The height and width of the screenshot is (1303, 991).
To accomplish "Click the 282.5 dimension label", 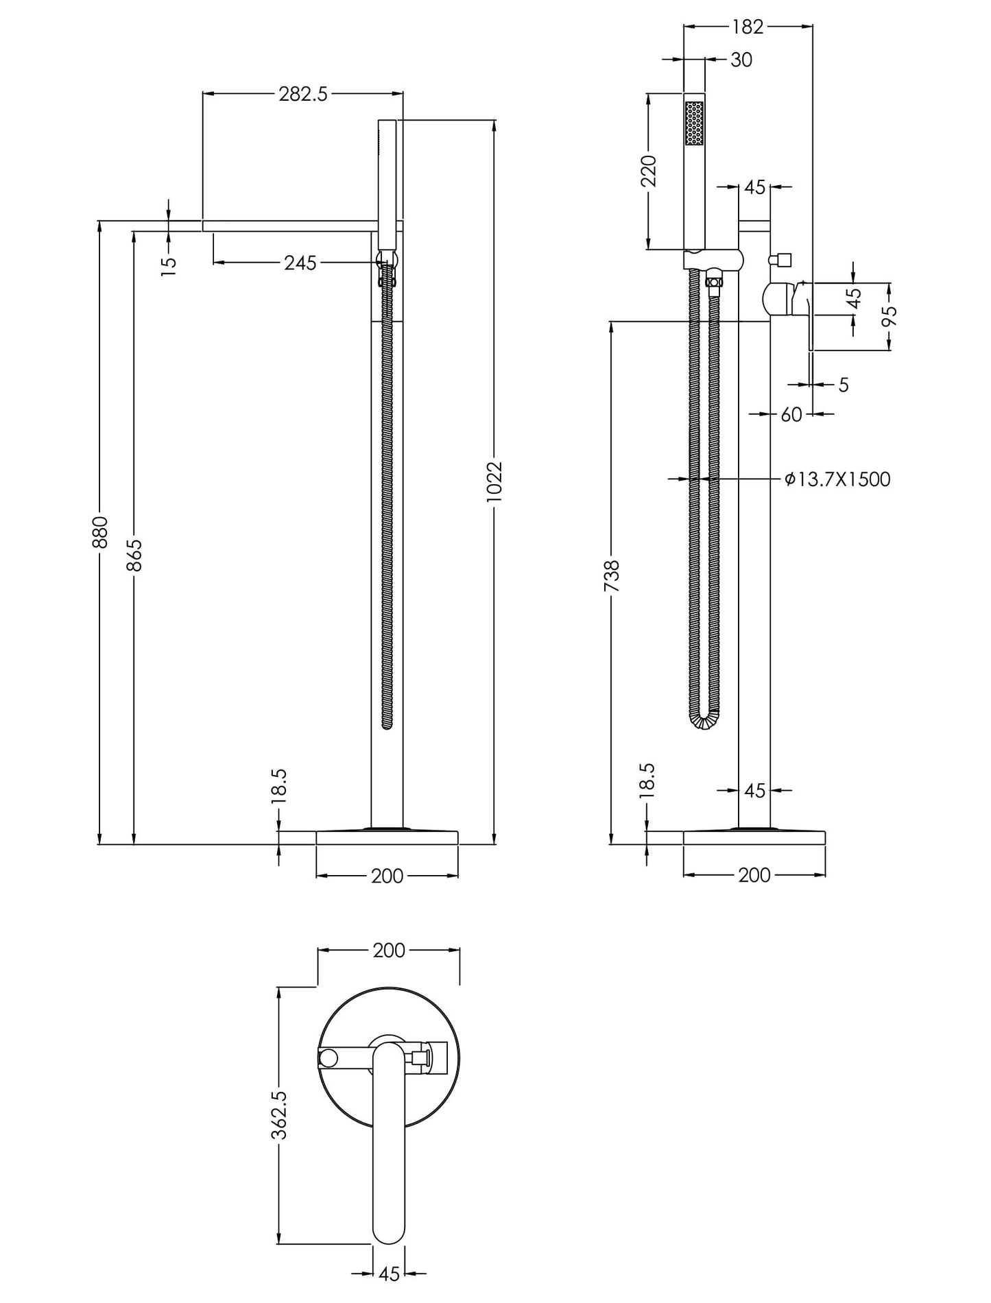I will (302, 95).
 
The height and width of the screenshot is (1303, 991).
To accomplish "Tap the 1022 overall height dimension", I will (494, 482).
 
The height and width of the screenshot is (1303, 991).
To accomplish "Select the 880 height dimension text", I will (100, 532).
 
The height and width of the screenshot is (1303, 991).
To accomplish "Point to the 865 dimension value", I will (134, 555).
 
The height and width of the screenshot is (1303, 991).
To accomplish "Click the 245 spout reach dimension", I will (300, 263).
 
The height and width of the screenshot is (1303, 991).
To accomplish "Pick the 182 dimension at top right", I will (747, 27).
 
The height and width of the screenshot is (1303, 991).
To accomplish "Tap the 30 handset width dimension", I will (741, 60).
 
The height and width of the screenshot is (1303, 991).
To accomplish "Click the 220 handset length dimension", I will (649, 171).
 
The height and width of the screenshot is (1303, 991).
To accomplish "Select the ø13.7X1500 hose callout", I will (837, 479).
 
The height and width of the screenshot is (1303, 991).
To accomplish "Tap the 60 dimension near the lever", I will (791, 414).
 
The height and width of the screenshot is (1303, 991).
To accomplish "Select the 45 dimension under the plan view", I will (389, 1274).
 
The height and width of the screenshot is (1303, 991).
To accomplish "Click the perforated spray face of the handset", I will (694, 123).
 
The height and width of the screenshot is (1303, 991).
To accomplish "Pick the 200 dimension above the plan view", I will (389, 951).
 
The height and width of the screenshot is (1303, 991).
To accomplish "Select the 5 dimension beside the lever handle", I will (843, 385).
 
